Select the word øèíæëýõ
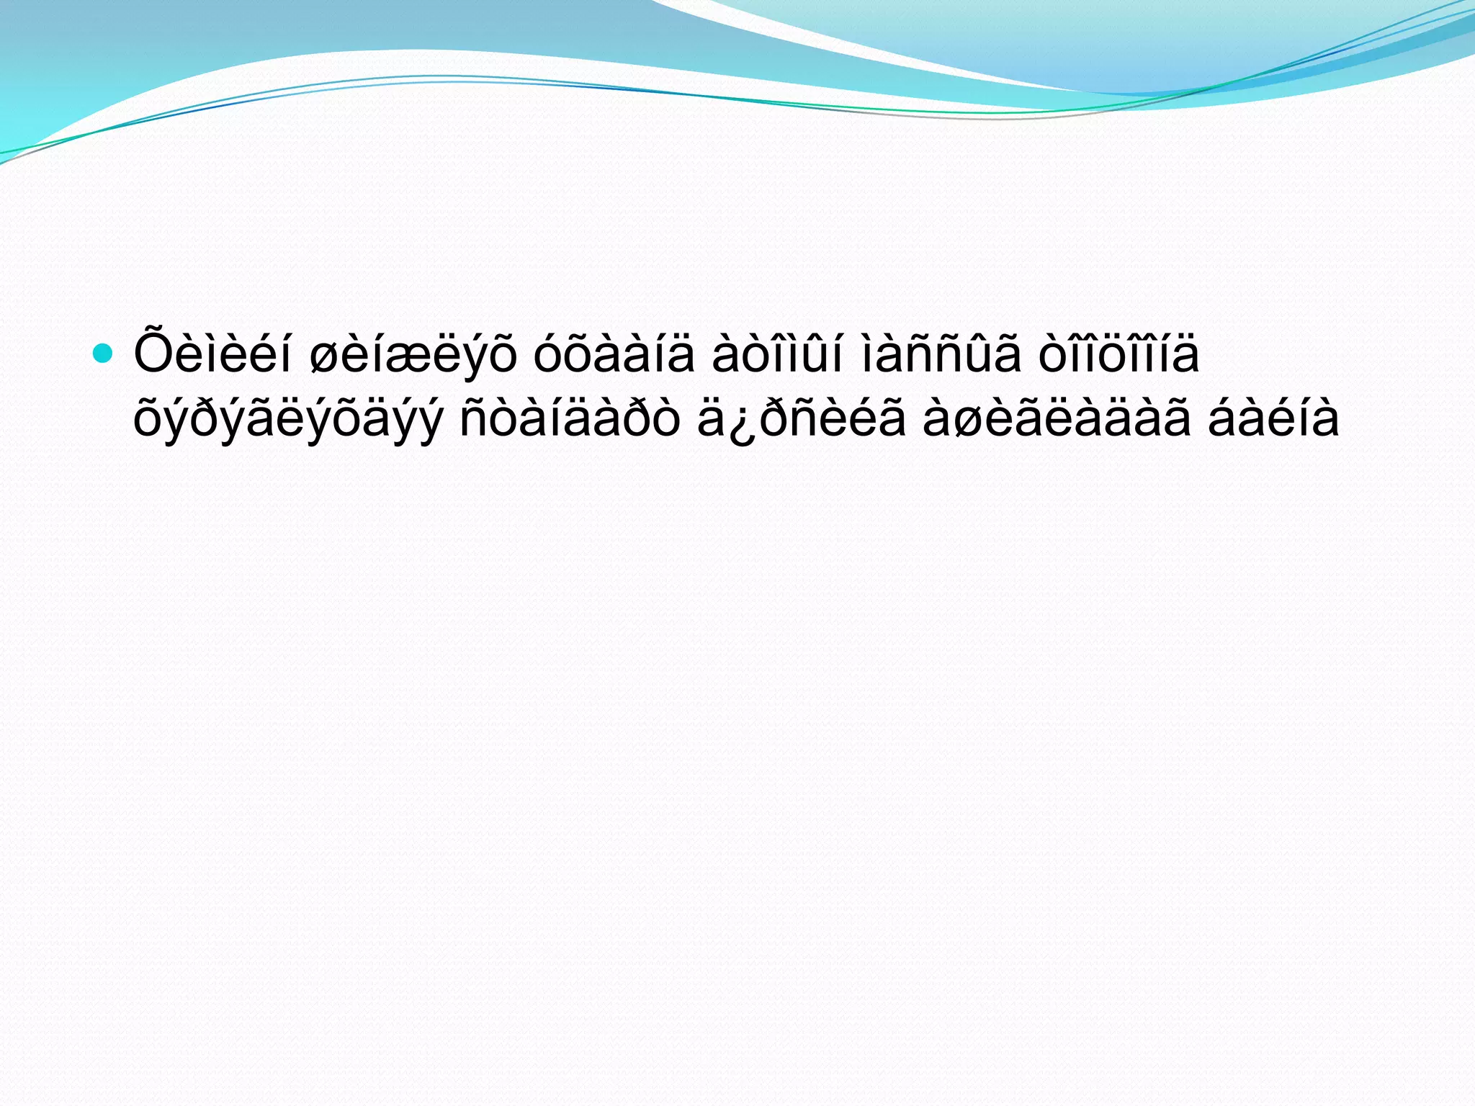pos(412,356)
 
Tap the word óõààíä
pos(614,355)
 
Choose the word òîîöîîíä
pos(1118,355)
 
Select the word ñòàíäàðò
pos(570,419)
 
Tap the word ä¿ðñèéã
pos(801,419)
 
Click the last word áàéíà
pos(1273,419)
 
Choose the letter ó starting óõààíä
pos(548,355)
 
